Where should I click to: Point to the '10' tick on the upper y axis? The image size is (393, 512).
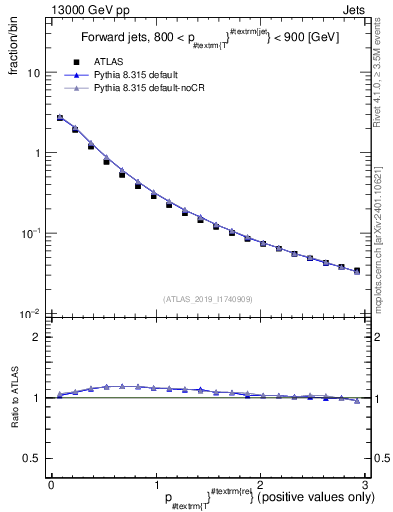tap(34, 74)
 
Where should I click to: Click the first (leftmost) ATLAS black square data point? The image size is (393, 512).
tap(60, 118)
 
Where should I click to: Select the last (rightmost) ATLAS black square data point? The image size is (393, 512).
tap(357, 270)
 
